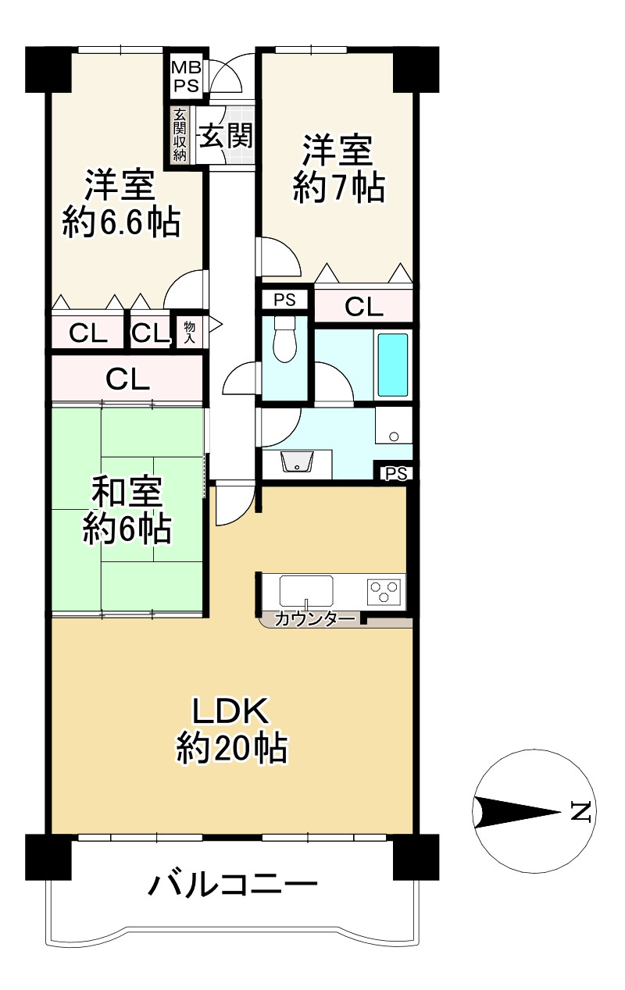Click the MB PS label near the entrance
click(x=186, y=76)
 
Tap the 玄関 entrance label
click(x=227, y=135)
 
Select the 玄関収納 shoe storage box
click(x=180, y=134)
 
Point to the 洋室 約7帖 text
click(x=338, y=169)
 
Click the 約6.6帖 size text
click(x=121, y=223)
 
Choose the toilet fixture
click(x=284, y=339)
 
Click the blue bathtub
click(x=393, y=365)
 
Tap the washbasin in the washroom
click(x=296, y=462)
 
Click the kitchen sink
click(x=306, y=591)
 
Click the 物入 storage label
click(x=190, y=332)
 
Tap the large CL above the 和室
click(x=127, y=379)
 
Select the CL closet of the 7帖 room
click(x=363, y=306)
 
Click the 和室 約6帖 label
click(x=127, y=510)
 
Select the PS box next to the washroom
click(x=396, y=474)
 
